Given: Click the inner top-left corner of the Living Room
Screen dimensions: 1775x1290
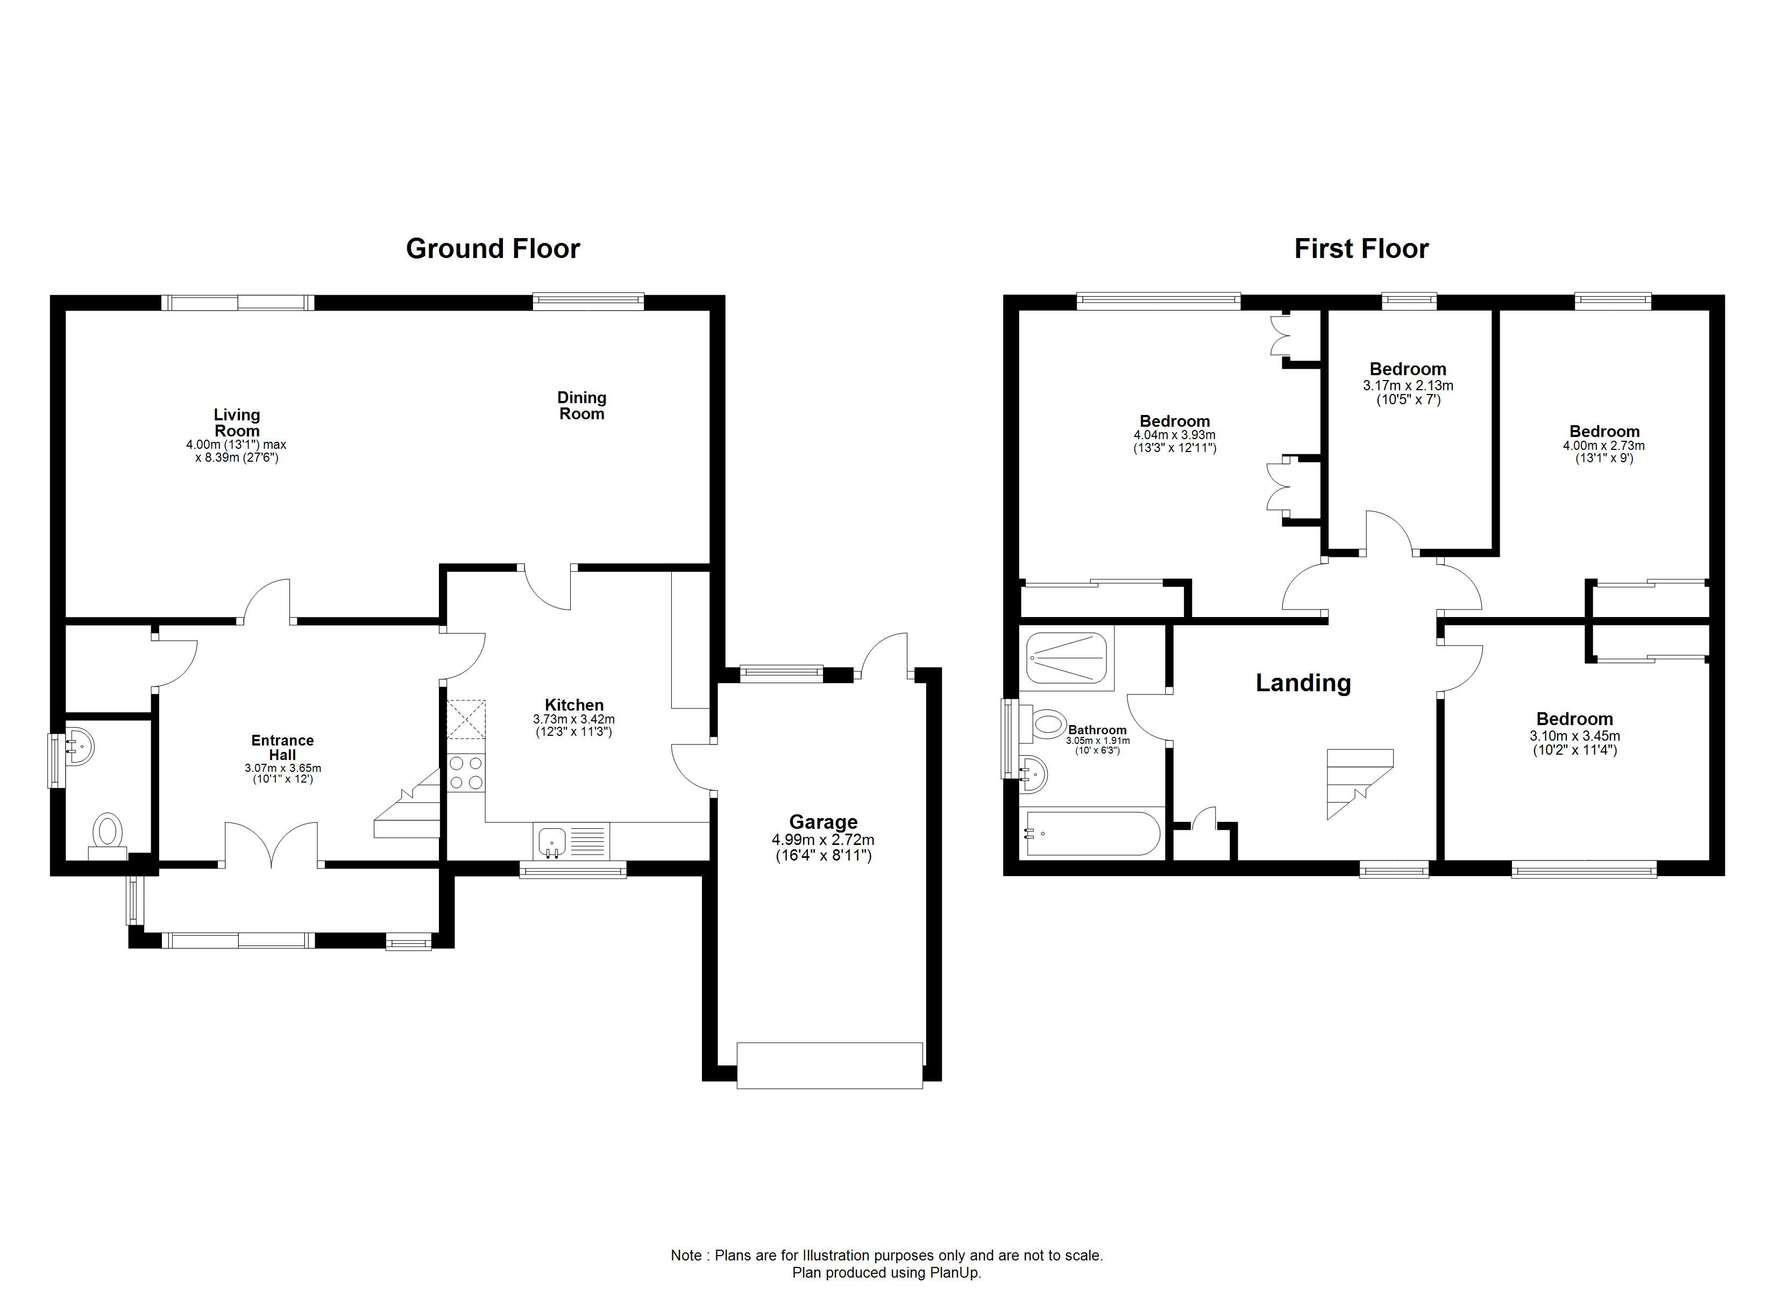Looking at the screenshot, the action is pos(66,311).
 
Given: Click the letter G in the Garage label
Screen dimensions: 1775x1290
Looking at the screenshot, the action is pos(797,822).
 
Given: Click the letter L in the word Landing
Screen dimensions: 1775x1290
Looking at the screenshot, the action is pos(1262,683).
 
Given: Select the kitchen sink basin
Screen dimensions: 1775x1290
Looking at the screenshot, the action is pos(552,842).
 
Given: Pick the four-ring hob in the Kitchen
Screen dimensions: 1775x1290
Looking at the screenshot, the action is pos(466,773).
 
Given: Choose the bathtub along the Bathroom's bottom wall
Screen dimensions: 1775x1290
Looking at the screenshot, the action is pos(1094,833).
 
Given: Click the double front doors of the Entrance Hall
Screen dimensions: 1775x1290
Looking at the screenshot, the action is pos(272,845).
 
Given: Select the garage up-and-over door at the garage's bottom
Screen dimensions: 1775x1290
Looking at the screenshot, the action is pos(829,1065).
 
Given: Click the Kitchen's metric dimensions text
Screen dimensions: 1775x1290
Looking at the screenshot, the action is pos(574,719).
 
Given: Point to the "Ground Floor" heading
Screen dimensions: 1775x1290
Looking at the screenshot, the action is pos(493,249).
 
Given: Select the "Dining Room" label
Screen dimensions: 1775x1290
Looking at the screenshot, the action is pos(581,406).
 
